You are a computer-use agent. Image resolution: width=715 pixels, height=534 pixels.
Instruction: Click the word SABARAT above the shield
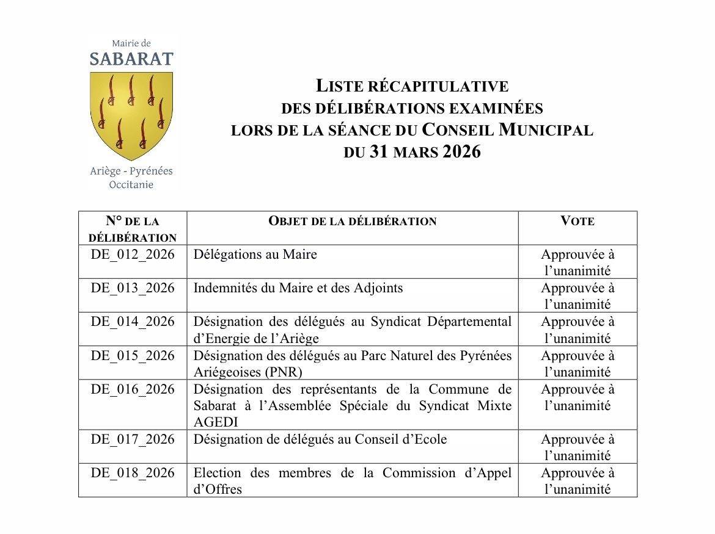tap(131, 59)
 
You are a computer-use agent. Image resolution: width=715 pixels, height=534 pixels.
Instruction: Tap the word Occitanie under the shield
tap(131, 184)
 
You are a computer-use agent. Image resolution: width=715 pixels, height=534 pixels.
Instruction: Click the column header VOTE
tap(577, 221)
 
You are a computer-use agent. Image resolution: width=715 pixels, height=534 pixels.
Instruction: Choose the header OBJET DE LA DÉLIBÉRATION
tap(353, 221)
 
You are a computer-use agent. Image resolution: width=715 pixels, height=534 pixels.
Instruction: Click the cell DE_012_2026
tap(133, 254)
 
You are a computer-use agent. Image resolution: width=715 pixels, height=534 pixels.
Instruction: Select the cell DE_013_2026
tap(133, 288)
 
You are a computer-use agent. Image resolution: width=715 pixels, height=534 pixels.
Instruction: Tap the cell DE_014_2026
tap(133, 322)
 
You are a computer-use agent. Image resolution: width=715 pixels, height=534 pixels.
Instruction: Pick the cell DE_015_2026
tap(133, 355)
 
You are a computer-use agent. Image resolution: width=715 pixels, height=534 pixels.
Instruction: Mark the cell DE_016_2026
tap(133, 389)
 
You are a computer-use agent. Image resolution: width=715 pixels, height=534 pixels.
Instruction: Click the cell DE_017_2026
tap(133, 439)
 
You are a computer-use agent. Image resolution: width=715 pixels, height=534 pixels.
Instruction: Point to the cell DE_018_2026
tap(133, 473)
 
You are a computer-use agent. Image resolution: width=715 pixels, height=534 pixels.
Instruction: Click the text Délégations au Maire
tap(255, 254)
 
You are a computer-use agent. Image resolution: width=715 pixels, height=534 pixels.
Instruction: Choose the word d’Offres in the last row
tap(218, 489)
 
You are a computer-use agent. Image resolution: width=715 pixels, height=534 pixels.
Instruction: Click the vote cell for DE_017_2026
tap(577, 447)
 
